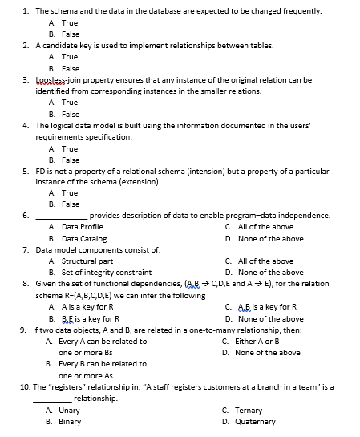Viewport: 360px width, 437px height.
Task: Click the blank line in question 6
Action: (61, 216)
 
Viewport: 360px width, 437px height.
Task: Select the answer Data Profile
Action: (83, 227)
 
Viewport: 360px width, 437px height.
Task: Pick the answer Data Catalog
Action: (84, 238)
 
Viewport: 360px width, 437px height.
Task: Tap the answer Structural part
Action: (87, 261)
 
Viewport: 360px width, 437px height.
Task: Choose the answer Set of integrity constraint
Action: (106, 273)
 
